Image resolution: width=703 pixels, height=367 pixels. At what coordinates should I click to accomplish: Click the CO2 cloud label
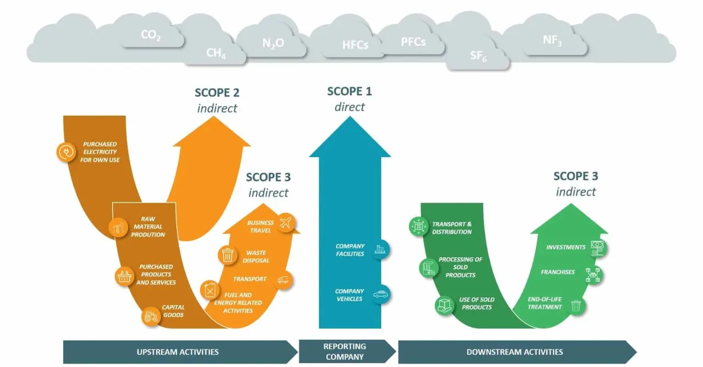click(150, 35)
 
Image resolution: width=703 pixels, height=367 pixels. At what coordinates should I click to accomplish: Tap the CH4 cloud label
click(216, 53)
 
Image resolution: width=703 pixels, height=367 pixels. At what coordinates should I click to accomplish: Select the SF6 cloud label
click(478, 56)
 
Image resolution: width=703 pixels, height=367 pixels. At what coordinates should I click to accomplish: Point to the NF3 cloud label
click(552, 40)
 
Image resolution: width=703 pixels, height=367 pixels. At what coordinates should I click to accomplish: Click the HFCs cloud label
click(355, 45)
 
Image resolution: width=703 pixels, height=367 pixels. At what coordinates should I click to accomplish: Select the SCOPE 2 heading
click(217, 93)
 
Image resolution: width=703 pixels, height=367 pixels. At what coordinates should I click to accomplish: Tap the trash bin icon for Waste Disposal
click(227, 255)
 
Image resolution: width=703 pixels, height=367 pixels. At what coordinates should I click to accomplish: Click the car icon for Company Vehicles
click(380, 295)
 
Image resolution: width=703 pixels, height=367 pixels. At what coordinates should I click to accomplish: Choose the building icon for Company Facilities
click(380, 250)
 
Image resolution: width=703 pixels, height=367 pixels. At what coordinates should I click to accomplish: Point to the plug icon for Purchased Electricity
click(66, 152)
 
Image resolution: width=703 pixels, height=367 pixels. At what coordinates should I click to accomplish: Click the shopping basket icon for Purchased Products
click(125, 276)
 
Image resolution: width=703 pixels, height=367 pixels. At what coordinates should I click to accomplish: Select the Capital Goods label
click(174, 311)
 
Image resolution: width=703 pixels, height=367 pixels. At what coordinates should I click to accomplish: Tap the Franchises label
click(557, 272)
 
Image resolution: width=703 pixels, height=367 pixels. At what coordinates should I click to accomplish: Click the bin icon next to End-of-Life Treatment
click(576, 306)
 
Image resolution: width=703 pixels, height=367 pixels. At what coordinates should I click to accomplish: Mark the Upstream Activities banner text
click(177, 352)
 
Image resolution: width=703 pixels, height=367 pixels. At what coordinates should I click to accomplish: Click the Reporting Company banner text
click(345, 352)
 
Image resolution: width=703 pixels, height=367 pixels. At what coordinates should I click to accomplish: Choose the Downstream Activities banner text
click(515, 352)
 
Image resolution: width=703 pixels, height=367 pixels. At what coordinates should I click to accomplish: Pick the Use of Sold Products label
click(477, 303)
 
